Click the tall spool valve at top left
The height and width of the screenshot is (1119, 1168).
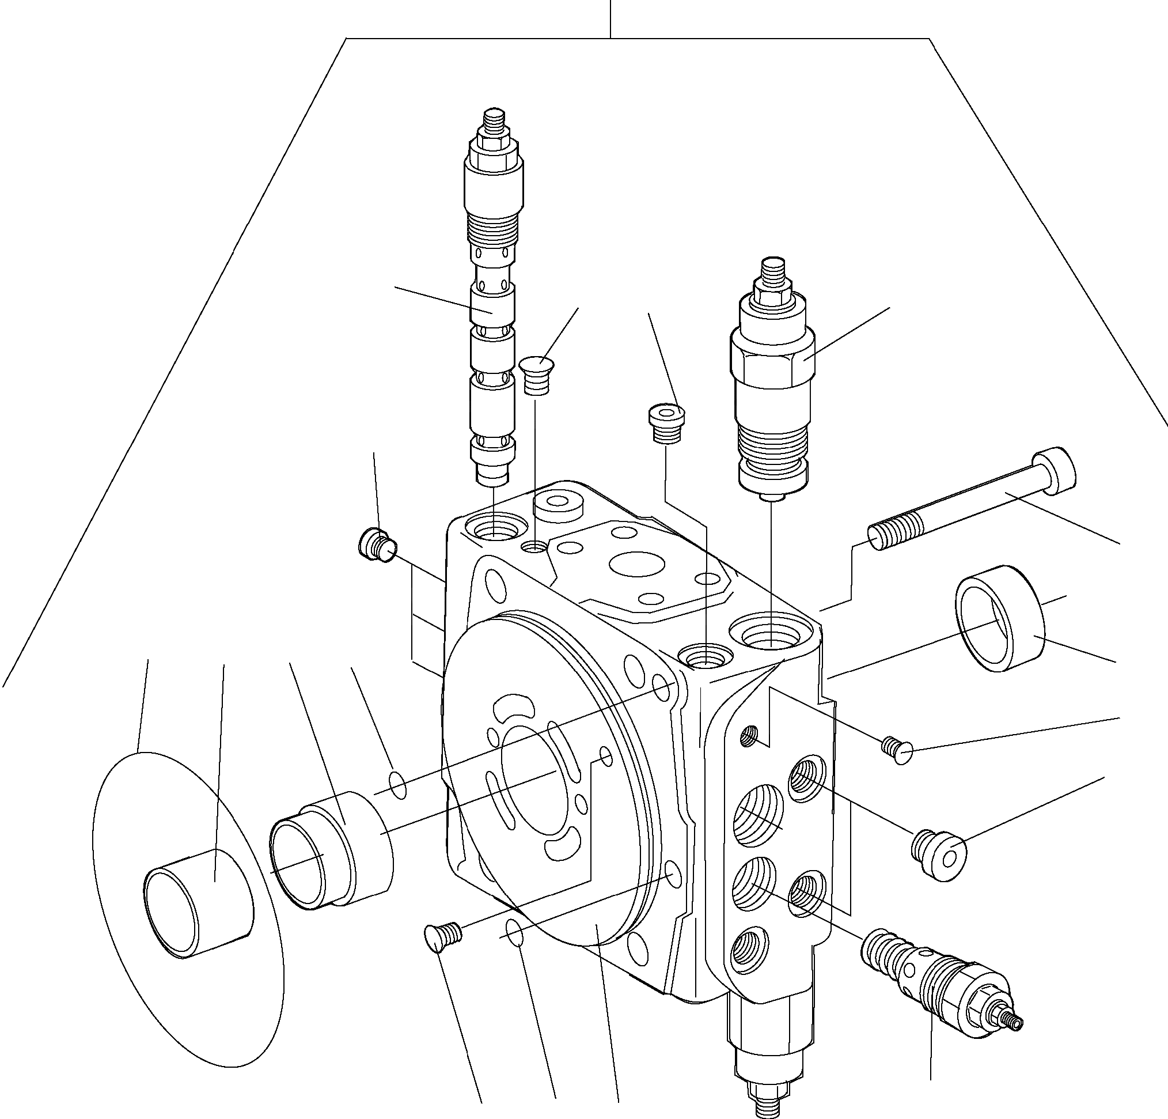point(492,334)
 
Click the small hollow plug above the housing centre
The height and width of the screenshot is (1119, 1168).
point(666,424)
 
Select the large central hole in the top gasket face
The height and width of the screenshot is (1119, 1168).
point(638,564)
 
